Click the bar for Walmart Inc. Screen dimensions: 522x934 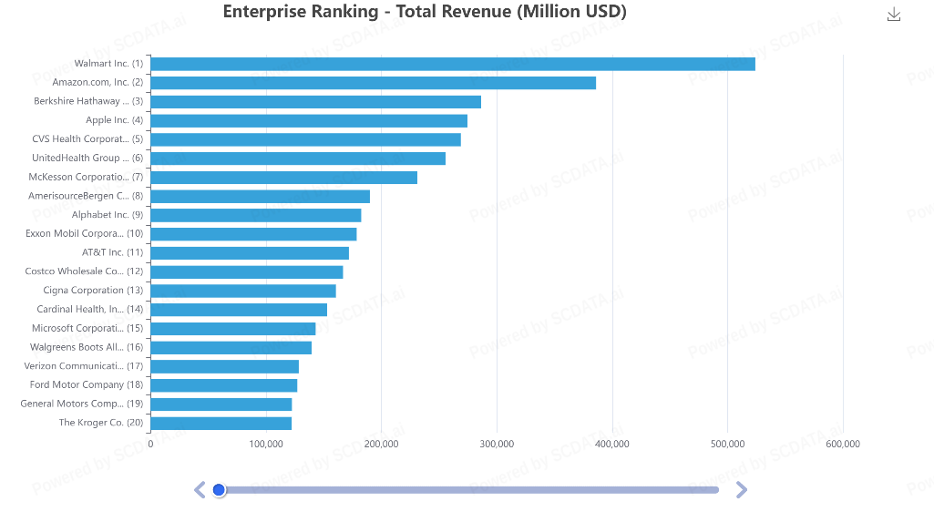pos(452,64)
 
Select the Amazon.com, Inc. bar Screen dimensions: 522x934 pos(373,83)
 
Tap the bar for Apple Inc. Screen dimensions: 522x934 pos(309,120)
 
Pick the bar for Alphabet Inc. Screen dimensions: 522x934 pos(255,215)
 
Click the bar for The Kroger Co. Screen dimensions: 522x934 pos(221,423)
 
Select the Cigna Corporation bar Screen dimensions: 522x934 pos(242,291)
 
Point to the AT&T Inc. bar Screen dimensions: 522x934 pos(250,252)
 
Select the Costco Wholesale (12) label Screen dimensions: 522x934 pos(84,271)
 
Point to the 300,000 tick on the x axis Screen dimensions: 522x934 pos(497,444)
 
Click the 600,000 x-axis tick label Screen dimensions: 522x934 pos(843,444)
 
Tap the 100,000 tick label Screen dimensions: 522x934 pos(266,444)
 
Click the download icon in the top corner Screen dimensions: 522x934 pos(894,15)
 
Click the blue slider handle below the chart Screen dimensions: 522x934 pos(219,490)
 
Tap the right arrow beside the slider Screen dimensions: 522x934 pos(741,490)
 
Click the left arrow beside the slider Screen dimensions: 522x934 pos(200,490)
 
